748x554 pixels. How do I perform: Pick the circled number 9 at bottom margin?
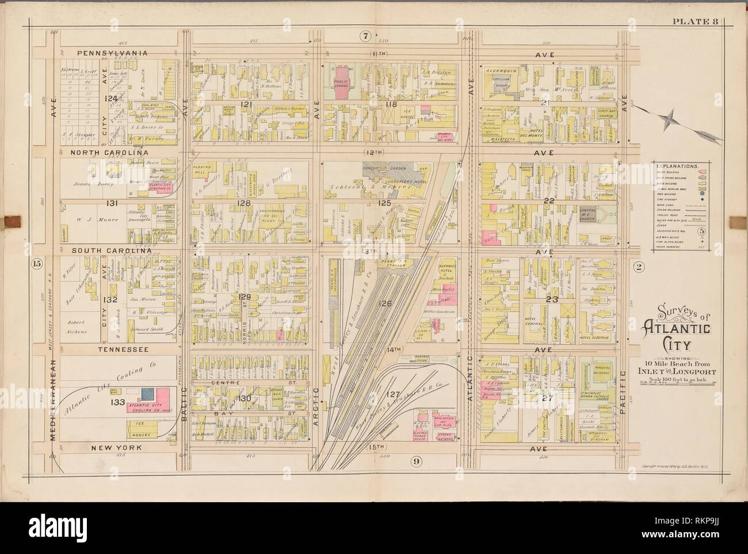pyautogui.click(x=413, y=460)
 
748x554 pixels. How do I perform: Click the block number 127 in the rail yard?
pyautogui.click(x=393, y=395)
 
